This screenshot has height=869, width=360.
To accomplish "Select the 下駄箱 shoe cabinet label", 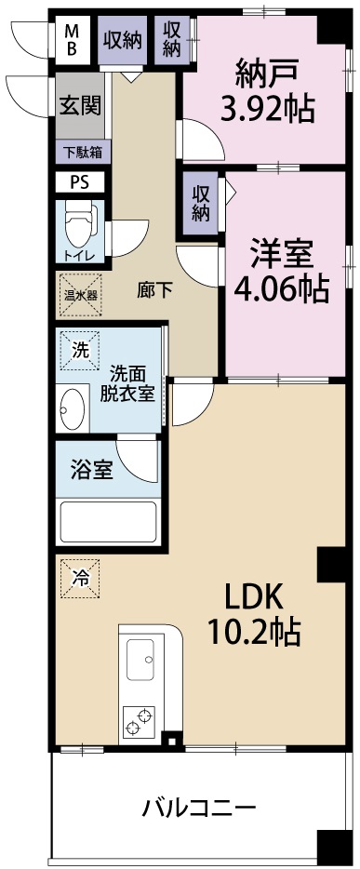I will [82, 151].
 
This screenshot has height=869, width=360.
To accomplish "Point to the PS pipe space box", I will [78, 182].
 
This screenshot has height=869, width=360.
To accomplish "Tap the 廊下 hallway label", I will [154, 289].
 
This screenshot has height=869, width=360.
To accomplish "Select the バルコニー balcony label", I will [198, 807].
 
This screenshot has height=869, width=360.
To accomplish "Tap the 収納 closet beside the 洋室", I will [201, 201].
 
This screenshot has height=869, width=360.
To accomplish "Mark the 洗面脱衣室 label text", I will [127, 381].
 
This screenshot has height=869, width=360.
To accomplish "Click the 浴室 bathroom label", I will [92, 470].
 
